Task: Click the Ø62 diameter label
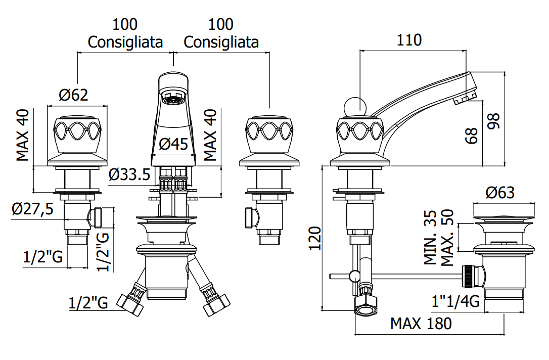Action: coord(73,95)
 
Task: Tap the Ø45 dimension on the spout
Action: coord(173,144)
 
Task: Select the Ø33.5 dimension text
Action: coord(129,174)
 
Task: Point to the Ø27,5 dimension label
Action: coord(32,209)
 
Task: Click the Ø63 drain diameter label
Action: coord(500,193)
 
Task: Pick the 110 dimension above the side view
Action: coord(409,40)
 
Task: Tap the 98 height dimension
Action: coord(494,121)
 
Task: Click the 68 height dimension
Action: coord(472,136)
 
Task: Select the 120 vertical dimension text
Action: coord(315,239)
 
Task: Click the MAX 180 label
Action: coord(421,324)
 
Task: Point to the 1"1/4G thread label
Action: coord(455,301)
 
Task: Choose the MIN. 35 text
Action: coord(430,237)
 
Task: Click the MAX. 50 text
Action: coord(447,238)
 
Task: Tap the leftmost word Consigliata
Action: coord(125,42)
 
